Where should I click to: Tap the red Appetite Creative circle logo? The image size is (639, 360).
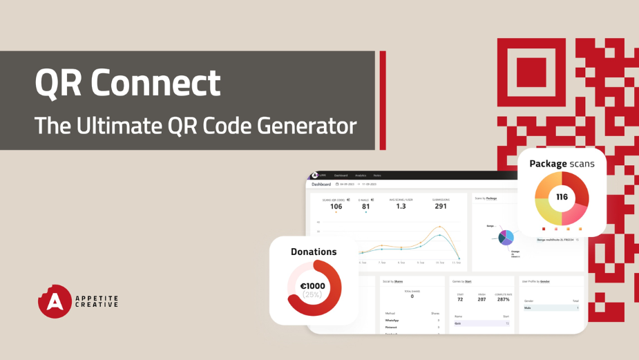point(55,301)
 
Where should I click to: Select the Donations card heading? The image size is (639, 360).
point(313,252)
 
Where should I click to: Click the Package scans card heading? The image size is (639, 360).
point(562,164)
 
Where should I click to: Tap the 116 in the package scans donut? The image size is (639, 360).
point(562,198)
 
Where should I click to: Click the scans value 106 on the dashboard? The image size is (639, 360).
point(336,206)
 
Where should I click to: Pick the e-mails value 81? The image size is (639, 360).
point(365,206)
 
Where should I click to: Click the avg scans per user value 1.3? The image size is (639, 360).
point(401,206)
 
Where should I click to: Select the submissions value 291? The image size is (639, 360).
point(440,206)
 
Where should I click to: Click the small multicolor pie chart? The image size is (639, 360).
point(506,237)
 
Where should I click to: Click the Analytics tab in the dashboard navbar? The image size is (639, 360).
point(361,176)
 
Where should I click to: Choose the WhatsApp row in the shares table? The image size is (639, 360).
point(393,320)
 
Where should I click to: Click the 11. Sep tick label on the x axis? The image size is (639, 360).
point(457,263)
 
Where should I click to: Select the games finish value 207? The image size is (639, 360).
point(481,299)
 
